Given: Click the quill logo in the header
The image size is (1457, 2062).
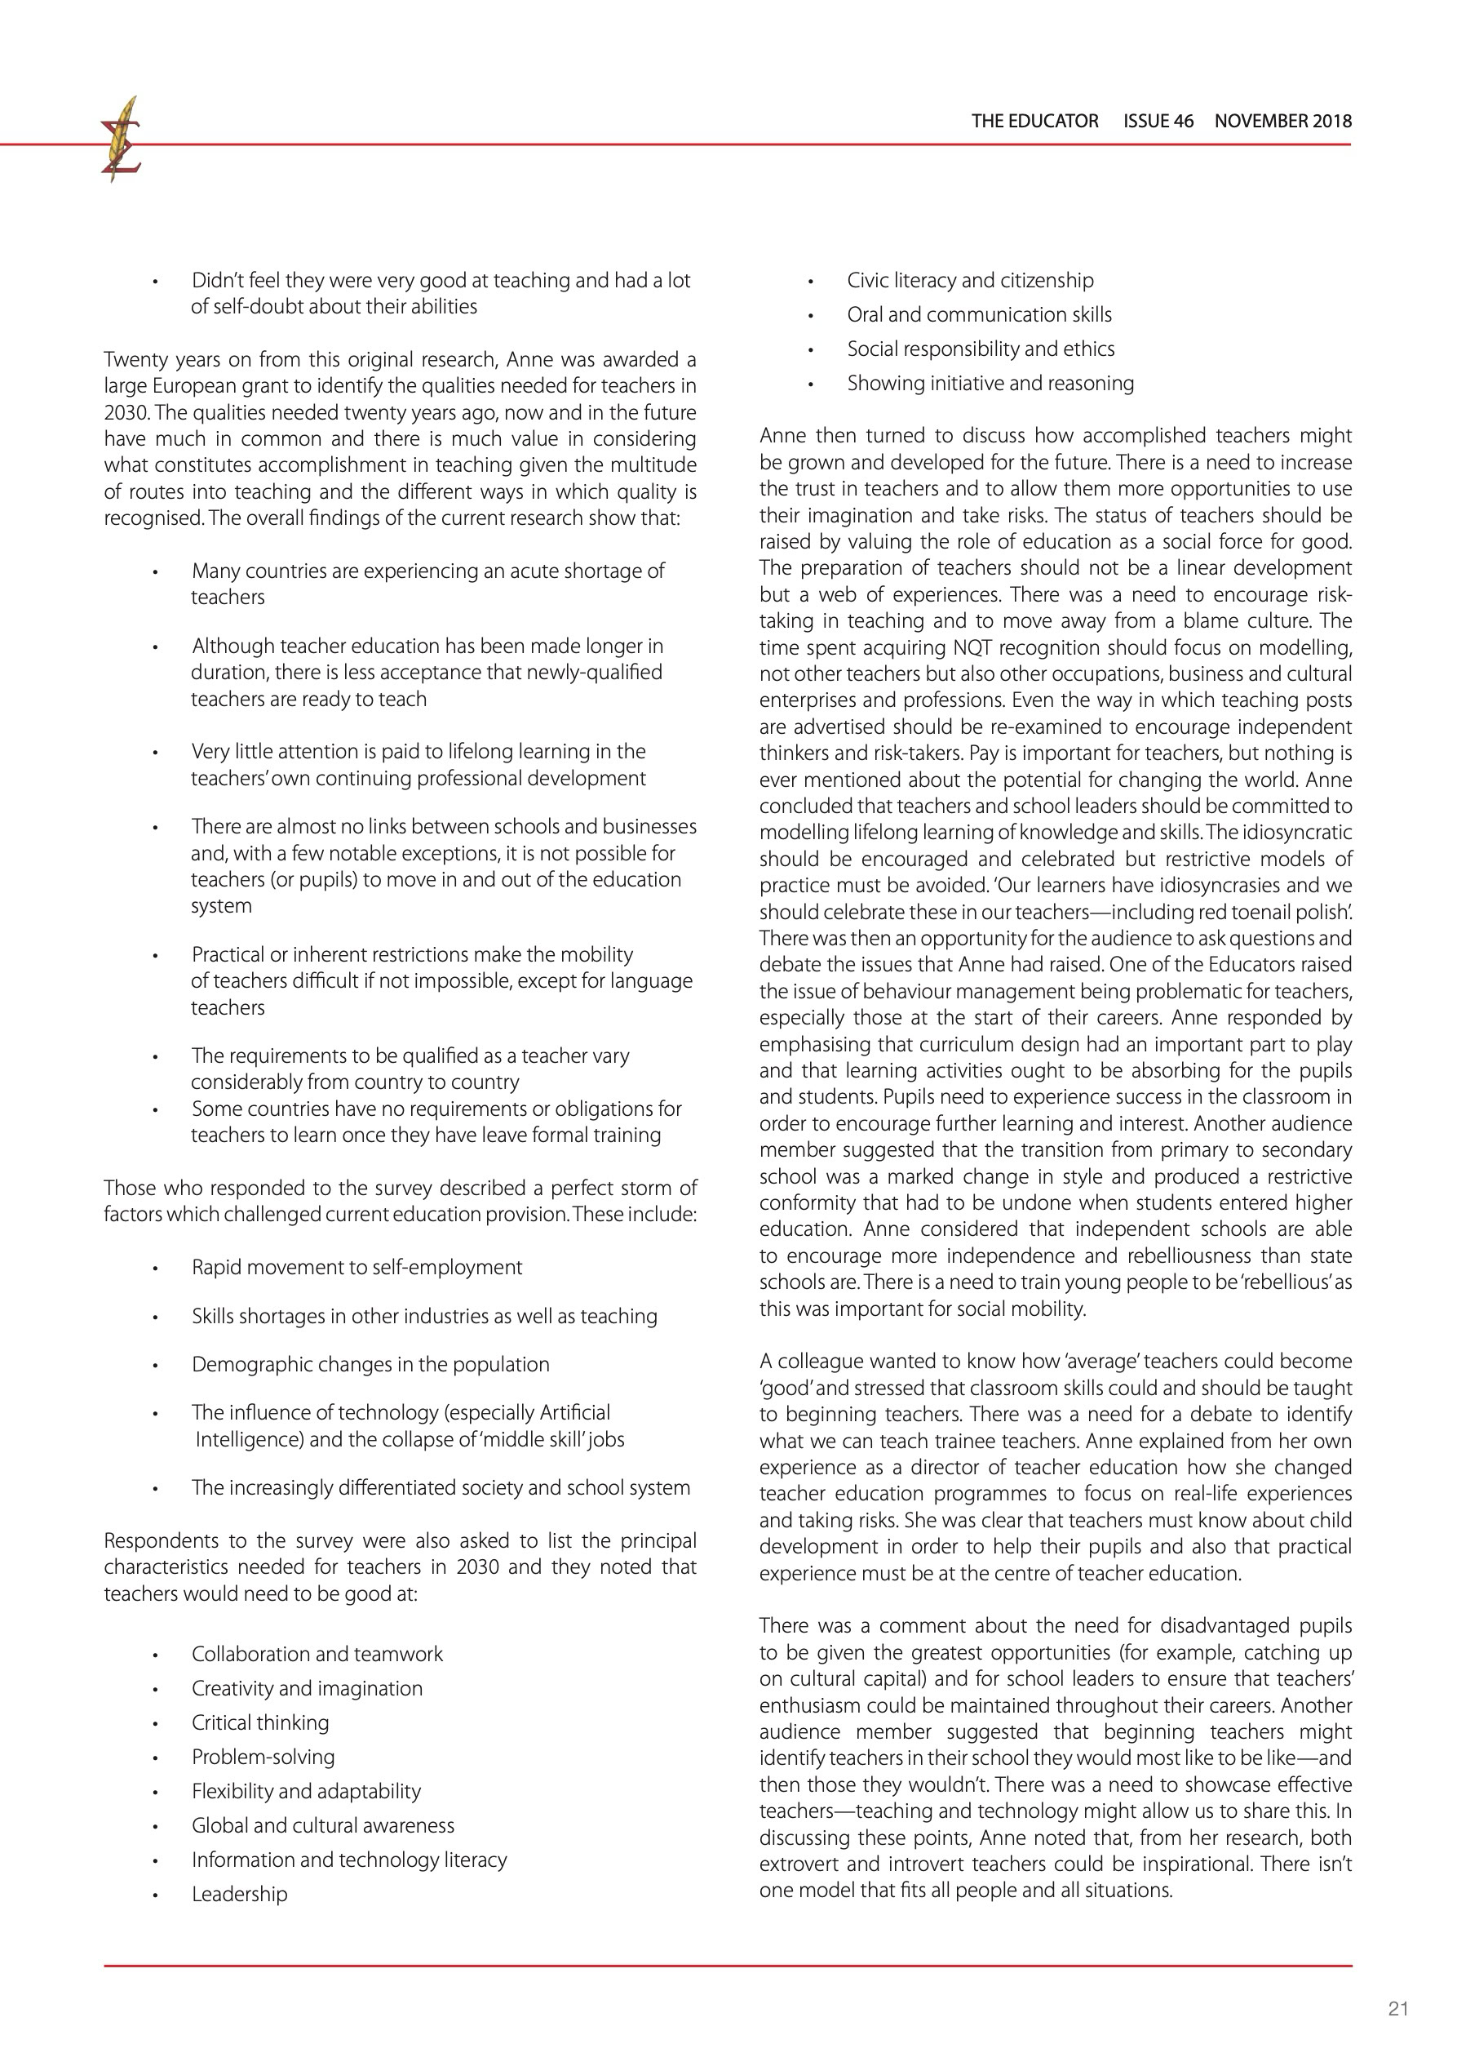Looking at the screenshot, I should coord(122,140).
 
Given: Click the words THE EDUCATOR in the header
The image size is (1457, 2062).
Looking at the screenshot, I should coord(1034,122).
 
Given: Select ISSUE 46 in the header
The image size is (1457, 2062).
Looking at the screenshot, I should coord(1158,122).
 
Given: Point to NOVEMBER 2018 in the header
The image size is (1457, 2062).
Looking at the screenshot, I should coord(1283,122).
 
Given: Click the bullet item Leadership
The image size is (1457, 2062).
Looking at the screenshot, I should coord(240,1894).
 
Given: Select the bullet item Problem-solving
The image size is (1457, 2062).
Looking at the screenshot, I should coord(263,1757).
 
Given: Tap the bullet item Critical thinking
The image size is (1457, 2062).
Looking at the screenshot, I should coord(260,1722).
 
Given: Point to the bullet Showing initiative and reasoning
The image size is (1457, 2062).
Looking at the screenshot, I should coord(990,384).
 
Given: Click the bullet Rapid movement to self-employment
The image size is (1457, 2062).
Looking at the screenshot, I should coord(356,1267).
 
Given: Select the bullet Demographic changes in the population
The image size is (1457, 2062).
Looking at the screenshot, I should coord(370,1364).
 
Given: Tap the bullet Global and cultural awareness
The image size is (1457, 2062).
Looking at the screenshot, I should coord(323,1825).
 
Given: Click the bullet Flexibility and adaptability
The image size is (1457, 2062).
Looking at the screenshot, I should coord(306,1791).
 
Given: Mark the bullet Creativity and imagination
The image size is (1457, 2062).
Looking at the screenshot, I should coord(307,1688).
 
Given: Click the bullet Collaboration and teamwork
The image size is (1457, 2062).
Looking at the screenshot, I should coord(317,1655).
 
